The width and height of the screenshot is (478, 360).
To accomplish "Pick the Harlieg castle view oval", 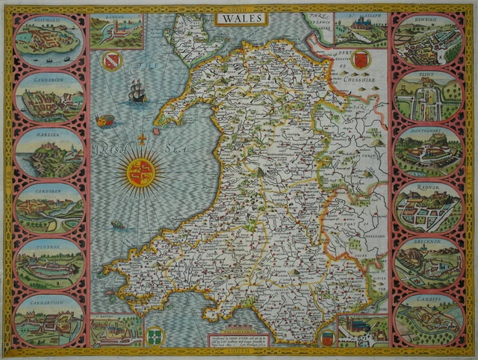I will pyautogui.click(x=49, y=153).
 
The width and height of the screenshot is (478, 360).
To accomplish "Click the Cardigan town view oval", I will pyautogui.click(x=49, y=209).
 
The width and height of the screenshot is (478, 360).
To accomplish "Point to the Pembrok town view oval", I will pyautogui.click(x=49, y=264).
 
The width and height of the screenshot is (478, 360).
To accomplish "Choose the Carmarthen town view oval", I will pyautogui.click(x=49, y=320).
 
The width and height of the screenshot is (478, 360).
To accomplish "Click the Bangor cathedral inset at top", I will pyautogui.click(x=117, y=31).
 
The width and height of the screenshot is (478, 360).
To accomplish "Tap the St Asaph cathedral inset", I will pyautogui.click(x=360, y=30).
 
